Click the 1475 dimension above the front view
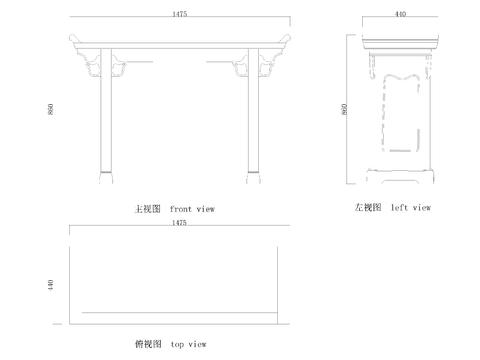(179, 15)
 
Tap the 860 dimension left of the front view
(49, 109)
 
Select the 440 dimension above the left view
(400, 15)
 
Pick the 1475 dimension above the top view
(179, 222)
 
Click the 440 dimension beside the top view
(49, 285)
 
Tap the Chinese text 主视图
(148, 209)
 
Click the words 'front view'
(192, 209)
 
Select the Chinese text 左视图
(367, 208)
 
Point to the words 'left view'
(411, 208)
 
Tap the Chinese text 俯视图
(148, 344)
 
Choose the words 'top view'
(188, 344)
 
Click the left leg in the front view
(103, 120)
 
